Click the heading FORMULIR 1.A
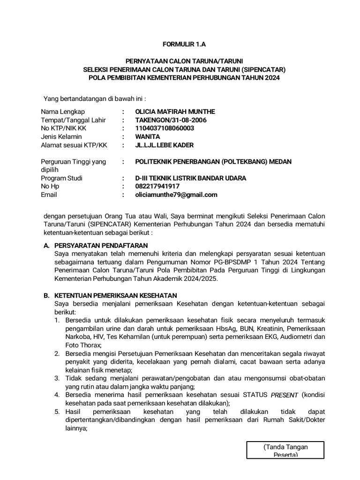[184, 45]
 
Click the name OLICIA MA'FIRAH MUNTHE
[175, 112]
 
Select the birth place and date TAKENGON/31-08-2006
[171, 120]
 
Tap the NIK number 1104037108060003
[165, 128]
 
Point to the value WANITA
[147, 137]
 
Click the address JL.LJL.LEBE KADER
[164, 145]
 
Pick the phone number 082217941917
[157, 187]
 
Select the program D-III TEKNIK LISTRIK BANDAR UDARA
[190, 178]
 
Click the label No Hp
[50, 187]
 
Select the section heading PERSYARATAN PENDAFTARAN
[101, 245]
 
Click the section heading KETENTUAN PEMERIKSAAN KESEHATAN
[115, 295]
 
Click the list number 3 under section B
[56, 378]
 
